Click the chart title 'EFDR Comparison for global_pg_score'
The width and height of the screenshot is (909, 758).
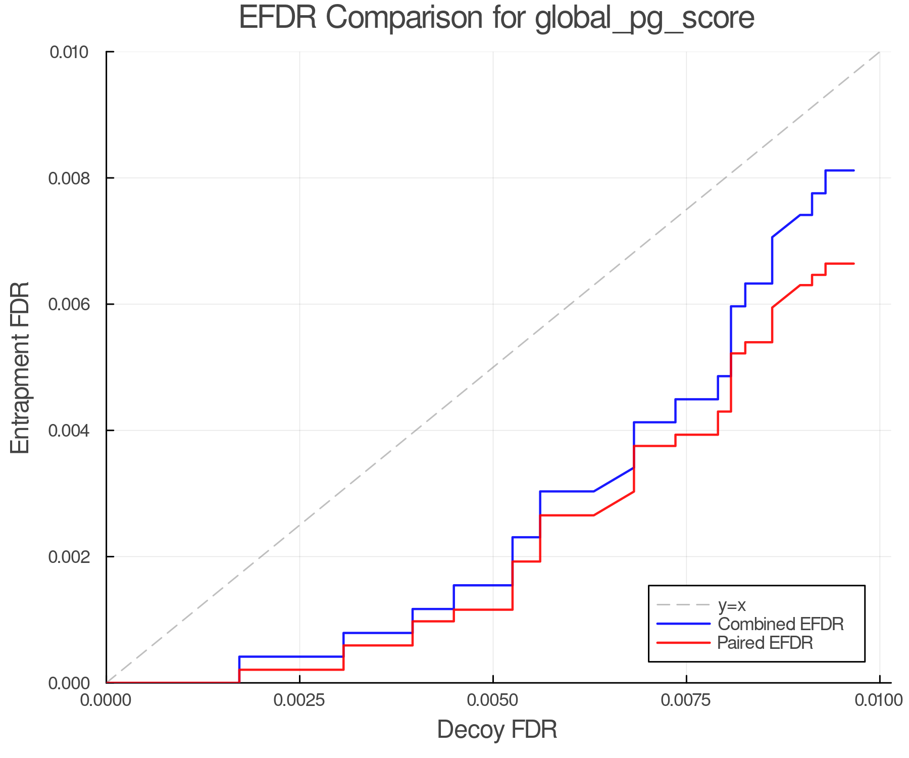tap(496, 18)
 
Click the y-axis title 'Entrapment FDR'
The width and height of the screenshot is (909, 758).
tap(20, 367)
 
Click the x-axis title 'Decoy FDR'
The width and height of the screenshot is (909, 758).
tap(497, 730)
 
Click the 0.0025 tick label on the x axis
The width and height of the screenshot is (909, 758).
tap(299, 700)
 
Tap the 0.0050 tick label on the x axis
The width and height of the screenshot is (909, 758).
tap(493, 700)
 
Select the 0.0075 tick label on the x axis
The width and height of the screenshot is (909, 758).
tap(686, 700)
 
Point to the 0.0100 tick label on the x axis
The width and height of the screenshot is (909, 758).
tap(879, 700)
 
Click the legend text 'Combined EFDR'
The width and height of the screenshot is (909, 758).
tap(781, 624)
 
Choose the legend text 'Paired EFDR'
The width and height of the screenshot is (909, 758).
tap(765, 643)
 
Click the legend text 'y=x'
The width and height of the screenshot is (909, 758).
tap(732, 605)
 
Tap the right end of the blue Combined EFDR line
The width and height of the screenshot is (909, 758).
tap(853, 171)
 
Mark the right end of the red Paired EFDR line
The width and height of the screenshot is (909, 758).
tap(853, 264)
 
